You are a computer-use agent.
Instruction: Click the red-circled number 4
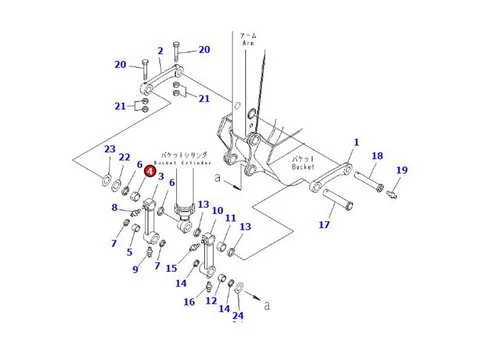coord(149,171)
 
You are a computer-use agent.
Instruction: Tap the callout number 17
coord(324,225)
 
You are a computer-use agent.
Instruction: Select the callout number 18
coord(377,157)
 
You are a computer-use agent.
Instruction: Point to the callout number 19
coord(401,171)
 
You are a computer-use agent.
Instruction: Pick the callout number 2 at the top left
coord(159,51)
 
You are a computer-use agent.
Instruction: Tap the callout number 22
coord(125,157)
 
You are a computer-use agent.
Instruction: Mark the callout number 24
coord(237,316)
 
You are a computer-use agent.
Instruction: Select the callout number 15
coord(171,268)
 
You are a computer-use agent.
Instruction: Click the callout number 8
coord(117,208)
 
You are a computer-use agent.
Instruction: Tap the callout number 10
coord(216,211)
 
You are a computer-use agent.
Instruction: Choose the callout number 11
coord(230,218)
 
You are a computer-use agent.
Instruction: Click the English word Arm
coord(249,46)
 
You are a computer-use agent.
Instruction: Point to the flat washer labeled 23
coord(106,180)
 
